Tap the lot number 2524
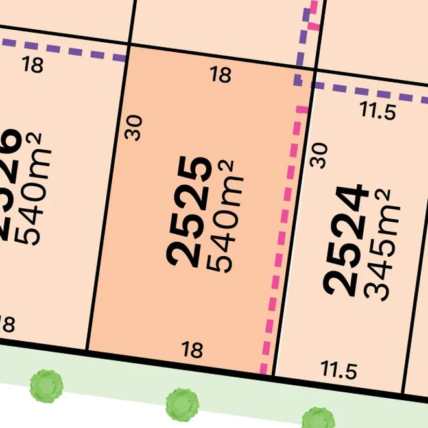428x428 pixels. click(346, 240)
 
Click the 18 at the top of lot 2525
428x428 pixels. click(221, 75)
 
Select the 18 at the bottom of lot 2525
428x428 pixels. click(193, 351)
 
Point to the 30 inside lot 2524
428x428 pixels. click(320, 156)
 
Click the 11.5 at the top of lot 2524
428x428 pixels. click(378, 112)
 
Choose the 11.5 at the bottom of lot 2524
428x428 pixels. click(339, 371)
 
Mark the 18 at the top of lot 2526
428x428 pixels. click(32, 65)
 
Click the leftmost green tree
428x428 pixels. click(47, 386)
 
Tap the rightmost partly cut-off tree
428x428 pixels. click(318, 418)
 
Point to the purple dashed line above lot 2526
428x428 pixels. click(65, 51)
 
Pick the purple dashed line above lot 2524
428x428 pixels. click(376, 93)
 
